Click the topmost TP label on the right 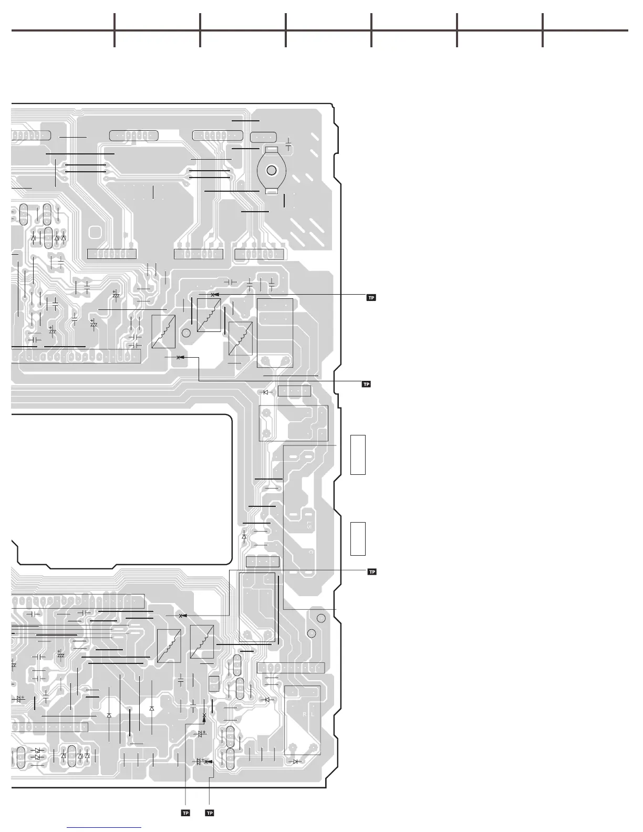click(371, 298)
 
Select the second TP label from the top click(367, 384)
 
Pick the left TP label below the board click(185, 813)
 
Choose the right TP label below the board click(210, 813)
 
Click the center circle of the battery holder click(272, 171)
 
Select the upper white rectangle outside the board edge click(358, 455)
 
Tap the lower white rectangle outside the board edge click(358, 539)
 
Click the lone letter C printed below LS click(310, 552)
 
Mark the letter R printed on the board click(304, 714)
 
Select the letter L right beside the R click(313, 714)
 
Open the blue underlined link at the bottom click(105, 828)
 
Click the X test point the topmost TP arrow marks click(212, 295)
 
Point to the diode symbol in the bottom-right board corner click(295, 761)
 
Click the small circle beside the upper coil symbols click(186, 333)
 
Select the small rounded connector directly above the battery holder click(263, 138)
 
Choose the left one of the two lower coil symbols click(169, 646)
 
